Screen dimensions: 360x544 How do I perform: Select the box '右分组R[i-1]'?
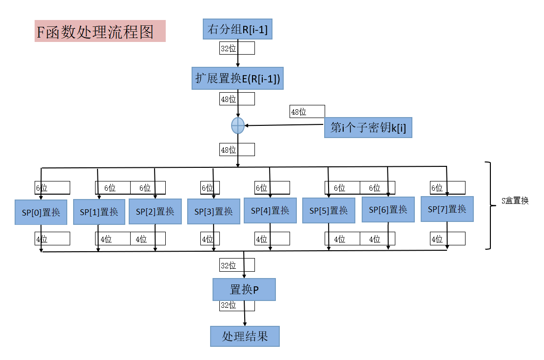[x=237, y=30]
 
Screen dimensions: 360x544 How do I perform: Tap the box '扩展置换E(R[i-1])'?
[x=237, y=79]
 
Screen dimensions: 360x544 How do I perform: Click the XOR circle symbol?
[x=237, y=125]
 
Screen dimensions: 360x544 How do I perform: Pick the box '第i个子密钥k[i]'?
[x=368, y=128]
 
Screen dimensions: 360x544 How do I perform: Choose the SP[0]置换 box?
[x=41, y=212]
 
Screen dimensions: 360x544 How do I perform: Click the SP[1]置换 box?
[x=99, y=212]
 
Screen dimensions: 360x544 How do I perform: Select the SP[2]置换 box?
[x=155, y=211]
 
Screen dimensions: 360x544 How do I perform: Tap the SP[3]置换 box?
[x=214, y=211]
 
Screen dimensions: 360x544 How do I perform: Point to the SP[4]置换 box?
[x=270, y=210]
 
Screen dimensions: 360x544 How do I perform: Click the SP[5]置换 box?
[x=329, y=211]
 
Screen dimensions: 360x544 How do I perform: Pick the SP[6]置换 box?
[x=388, y=209]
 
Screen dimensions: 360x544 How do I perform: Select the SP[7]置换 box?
[x=447, y=209]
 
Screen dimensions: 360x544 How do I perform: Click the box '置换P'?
[x=244, y=290]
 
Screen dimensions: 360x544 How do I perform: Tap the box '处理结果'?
[x=245, y=337]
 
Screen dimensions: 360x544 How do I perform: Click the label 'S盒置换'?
[x=515, y=200]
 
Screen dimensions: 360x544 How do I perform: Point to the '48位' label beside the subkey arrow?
[x=299, y=112]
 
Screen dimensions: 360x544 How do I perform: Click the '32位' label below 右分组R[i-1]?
[x=229, y=48]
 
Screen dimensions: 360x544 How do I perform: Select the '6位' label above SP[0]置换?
[x=41, y=188]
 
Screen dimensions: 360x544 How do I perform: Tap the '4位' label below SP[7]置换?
[x=437, y=239]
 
